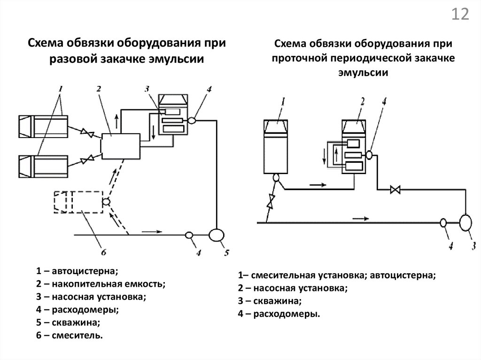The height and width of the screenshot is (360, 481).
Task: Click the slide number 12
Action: tap(460, 15)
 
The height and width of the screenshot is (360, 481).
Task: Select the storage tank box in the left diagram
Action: tap(121, 146)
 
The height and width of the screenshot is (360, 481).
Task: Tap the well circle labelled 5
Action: tap(217, 234)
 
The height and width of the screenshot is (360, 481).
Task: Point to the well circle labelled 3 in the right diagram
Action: tap(467, 222)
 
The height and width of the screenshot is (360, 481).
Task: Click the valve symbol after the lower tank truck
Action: tap(86, 160)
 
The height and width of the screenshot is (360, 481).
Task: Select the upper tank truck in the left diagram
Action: tap(43, 126)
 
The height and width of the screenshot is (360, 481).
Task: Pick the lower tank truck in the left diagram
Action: tap(43, 167)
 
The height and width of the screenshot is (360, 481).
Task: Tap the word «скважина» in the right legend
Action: tap(277, 301)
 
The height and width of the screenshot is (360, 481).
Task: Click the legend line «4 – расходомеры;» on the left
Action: tap(77, 309)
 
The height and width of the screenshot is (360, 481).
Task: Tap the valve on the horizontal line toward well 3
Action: tap(395, 190)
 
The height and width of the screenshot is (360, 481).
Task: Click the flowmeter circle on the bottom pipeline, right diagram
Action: tap(443, 223)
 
